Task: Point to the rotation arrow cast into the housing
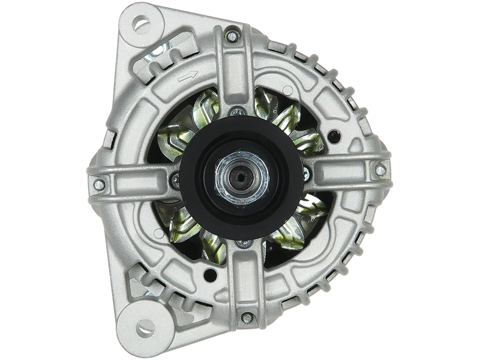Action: point(188,75)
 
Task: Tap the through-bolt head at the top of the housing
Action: point(232,37)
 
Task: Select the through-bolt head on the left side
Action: point(96,185)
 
